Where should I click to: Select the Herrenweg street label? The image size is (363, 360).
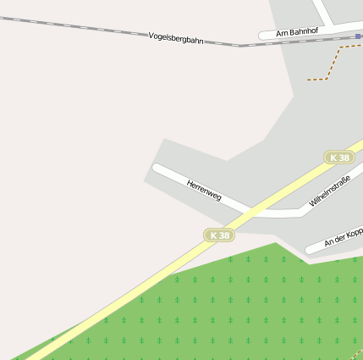[x=204, y=189]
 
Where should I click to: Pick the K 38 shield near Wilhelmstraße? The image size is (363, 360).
[x=339, y=158]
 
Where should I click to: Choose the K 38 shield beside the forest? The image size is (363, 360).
[x=219, y=235]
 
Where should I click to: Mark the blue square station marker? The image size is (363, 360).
[x=359, y=36]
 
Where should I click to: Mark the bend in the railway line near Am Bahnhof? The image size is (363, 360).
[x=239, y=45]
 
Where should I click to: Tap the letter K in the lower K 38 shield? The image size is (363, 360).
[x=213, y=235]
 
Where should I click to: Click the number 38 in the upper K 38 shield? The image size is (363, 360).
[x=343, y=158]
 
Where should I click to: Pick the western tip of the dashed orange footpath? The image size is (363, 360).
[x=308, y=80]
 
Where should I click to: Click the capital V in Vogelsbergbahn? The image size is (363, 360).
[x=151, y=35]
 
